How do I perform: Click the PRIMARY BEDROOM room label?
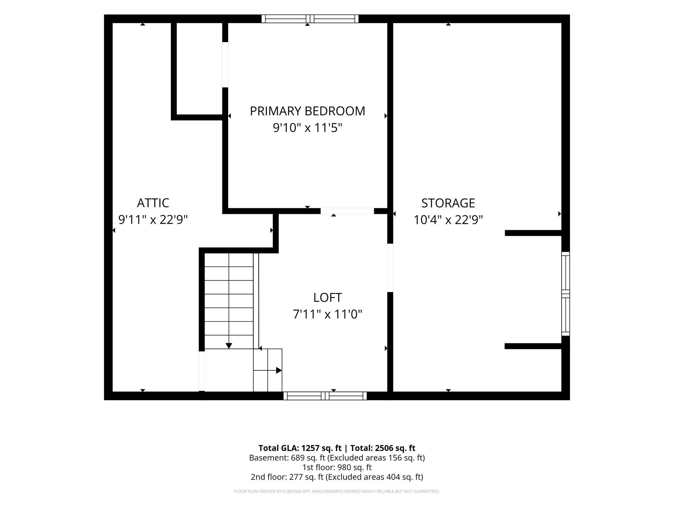[x=308, y=111]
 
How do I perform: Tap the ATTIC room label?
[x=153, y=203]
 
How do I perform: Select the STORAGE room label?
[x=448, y=203]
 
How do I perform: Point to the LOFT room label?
[x=327, y=297]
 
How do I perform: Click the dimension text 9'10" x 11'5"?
[x=308, y=128]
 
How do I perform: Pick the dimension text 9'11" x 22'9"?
[x=153, y=220]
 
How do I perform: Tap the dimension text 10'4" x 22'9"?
[x=448, y=220]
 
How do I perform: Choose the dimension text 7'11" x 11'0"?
[x=327, y=314]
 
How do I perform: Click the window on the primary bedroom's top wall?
[x=310, y=19]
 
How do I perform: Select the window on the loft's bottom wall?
[x=325, y=396]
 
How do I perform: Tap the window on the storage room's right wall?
[x=565, y=294]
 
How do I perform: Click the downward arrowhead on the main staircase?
[x=229, y=346]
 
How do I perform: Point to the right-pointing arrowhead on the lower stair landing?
[x=279, y=370]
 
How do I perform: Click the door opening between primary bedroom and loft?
[x=347, y=211]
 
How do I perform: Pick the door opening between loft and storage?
[x=390, y=268]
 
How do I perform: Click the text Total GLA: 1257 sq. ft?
[x=300, y=448]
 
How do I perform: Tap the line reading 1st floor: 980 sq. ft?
[x=337, y=467]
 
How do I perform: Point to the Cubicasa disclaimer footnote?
[x=337, y=491]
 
